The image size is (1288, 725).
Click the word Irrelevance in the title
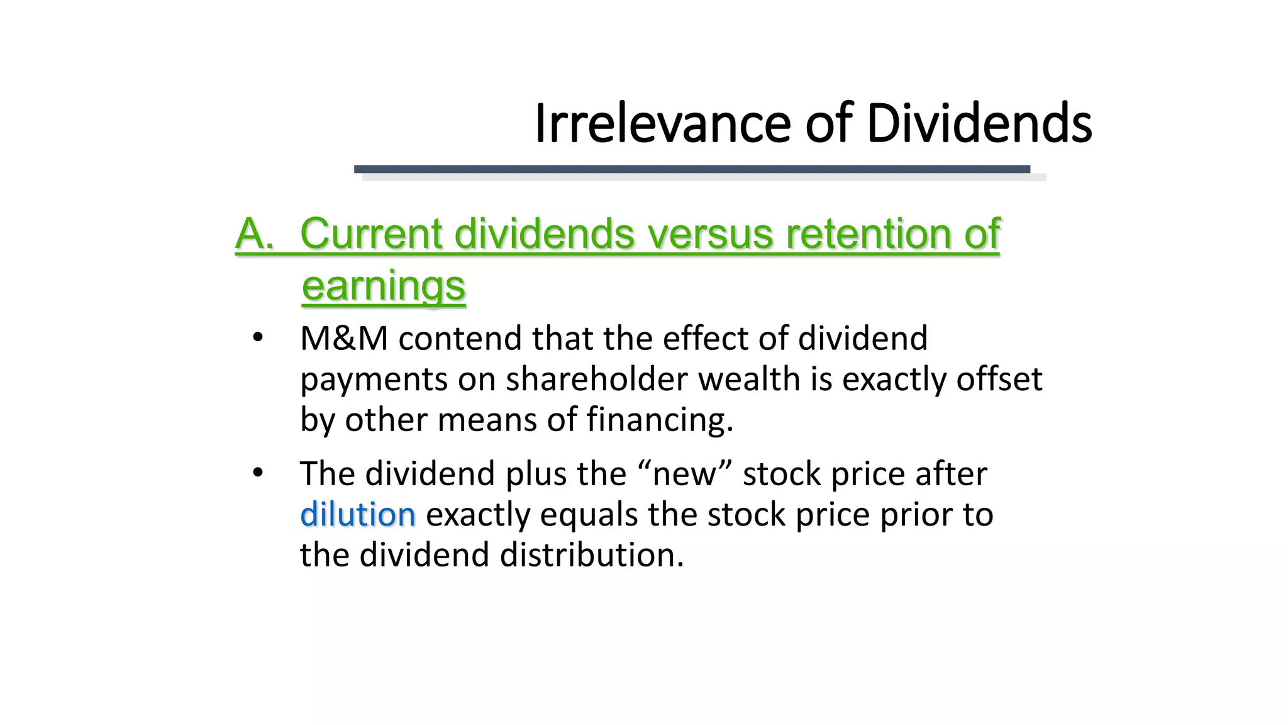coord(662,123)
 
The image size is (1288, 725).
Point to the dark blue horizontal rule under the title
coord(692,169)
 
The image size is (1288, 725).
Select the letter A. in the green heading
coord(255,234)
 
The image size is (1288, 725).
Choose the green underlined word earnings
coord(383,286)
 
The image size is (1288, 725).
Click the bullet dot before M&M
coord(257,338)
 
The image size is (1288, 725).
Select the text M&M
coord(344,339)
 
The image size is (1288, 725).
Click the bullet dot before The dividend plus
coord(257,473)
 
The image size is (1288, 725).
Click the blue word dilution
coord(357,515)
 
